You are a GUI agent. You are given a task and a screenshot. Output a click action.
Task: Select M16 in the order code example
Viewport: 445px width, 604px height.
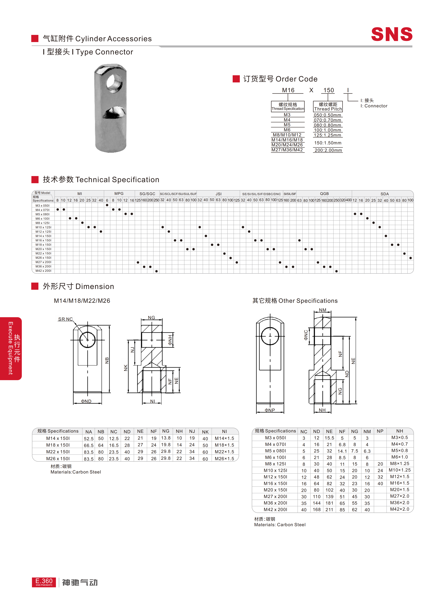coord(288,90)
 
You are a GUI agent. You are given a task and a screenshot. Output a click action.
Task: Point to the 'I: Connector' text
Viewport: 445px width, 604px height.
coord(374,106)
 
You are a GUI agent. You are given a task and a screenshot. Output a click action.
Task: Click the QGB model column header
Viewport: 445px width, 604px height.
coord(324,194)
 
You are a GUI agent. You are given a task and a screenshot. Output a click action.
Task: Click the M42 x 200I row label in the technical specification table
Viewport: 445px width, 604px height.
coord(43,271)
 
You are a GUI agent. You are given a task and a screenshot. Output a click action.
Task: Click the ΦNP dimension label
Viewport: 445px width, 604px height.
coord(270,410)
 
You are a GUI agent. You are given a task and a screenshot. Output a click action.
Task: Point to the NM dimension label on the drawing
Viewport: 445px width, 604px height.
coord(323,310)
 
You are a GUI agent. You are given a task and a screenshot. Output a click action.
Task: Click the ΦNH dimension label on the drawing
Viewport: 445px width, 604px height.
coord(170,340)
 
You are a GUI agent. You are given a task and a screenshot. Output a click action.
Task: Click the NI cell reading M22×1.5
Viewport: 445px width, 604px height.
coord(224,452)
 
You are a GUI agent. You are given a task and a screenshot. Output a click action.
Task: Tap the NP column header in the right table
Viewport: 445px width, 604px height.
coord(380,431)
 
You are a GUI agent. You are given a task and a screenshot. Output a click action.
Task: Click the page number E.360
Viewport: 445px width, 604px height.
coord(44,581)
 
